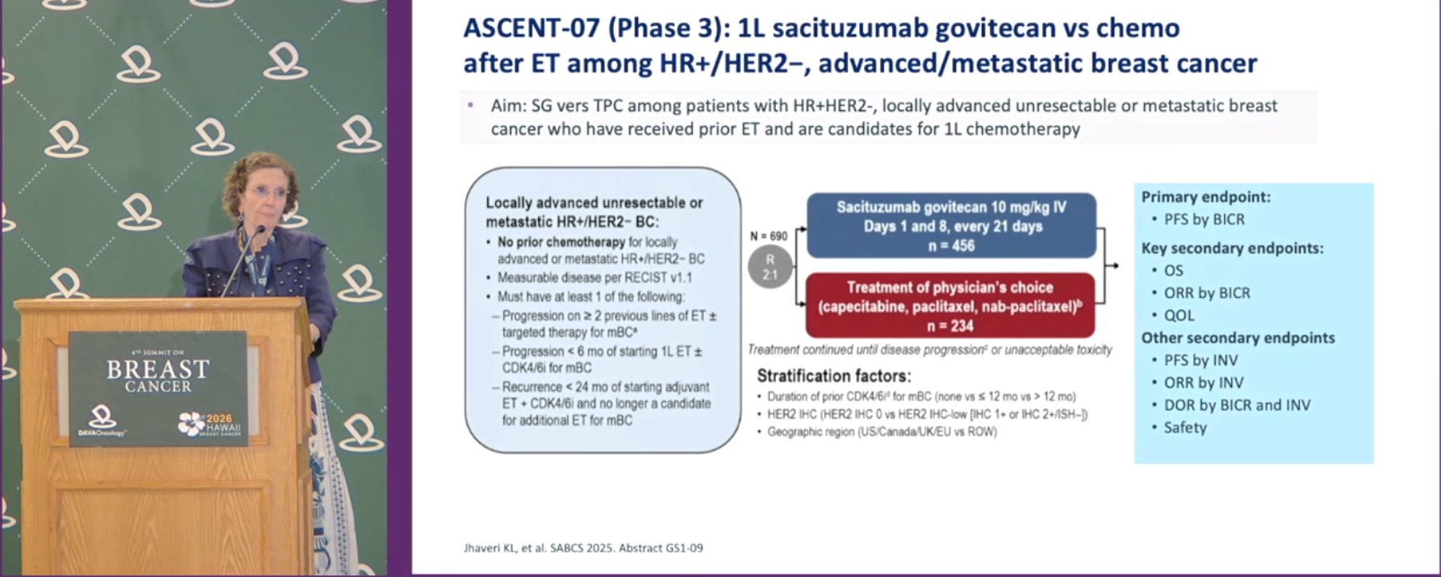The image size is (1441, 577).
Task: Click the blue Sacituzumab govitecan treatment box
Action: pyautogui.click(x=951, y=225)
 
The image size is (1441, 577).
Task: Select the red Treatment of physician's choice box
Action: pyautogui.click(x=950, y=305)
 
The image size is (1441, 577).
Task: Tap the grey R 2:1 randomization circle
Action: pyautogui.click(x=769, y=267)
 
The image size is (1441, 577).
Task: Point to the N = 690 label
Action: pyautogui.click(x=768, y=236)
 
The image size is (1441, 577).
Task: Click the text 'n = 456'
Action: pyautogui.click(x=951, y=246)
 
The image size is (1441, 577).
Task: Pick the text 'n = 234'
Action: pyautogui.click(x=950, y=326)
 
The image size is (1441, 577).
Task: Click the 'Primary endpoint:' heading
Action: pyautogui.click(x=1206, y=197)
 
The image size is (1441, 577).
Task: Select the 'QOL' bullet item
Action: pyautogui.click(x=1179, y=316)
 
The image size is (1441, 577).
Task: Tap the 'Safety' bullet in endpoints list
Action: pyautogui.click(x=1185, y=427)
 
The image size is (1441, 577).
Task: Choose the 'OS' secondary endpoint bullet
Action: pyautogui.click(x=1173, y=270)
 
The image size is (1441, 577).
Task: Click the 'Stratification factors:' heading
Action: pyautogui.click(x=834, y=376)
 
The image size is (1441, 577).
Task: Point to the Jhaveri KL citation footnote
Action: pyautogui.click(x=583, y=548)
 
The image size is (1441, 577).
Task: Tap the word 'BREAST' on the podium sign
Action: pyautogui.click(x=158, y=370)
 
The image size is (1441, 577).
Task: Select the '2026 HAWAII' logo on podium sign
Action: pyautogui.click(x=210, y=424)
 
